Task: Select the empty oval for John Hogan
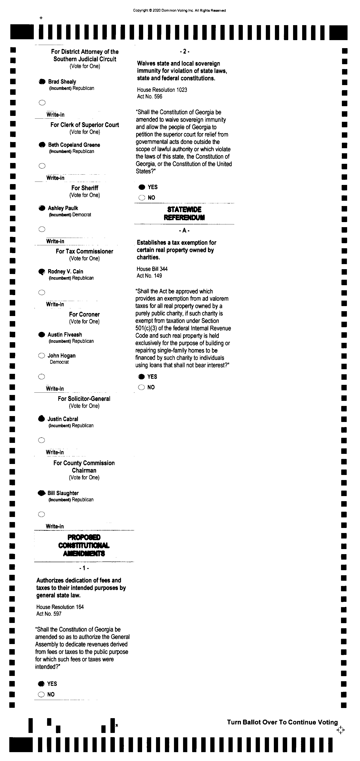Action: tap(42, 356)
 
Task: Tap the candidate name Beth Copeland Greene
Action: tap(74, 145)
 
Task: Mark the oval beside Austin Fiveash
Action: tap(42, 335)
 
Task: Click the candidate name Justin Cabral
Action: tap(63, 419)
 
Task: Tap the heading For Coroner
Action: tap(84, 314)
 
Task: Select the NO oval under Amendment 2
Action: tap(142, 198)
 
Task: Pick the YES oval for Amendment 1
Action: tap(41, 684)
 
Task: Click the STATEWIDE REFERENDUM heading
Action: tap(184, 213)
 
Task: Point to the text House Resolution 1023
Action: tap(162, 90)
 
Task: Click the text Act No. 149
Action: tap(149, 276)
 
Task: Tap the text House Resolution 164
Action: tap(60, 607)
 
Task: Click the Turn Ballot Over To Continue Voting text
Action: tap(282, 722)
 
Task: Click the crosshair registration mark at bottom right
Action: tap(341, 730)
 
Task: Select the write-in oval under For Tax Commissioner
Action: tap(42, 292)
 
